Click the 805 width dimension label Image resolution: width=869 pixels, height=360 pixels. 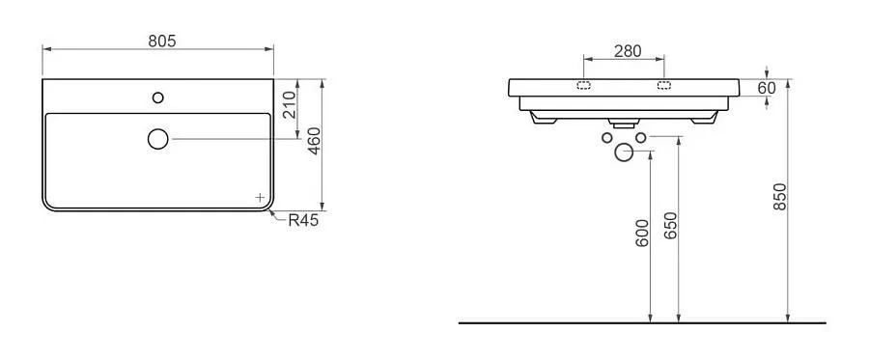tap(162, 41)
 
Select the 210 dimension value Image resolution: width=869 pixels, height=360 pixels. tap(290, 106)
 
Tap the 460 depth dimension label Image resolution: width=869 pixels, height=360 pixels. tap(314, 141)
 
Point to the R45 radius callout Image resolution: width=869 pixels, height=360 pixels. tap(303, 220)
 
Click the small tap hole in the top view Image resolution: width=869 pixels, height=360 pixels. tap(158, 97)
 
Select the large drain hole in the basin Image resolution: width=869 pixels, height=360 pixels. tap(158, 139)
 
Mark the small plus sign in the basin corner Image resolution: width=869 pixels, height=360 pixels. tap(260, 197)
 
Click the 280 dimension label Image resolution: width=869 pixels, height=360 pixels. tap(628, 51)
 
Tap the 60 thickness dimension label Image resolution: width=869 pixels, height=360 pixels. tap(767, 88)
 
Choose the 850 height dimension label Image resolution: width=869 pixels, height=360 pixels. tap(780, 196)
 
